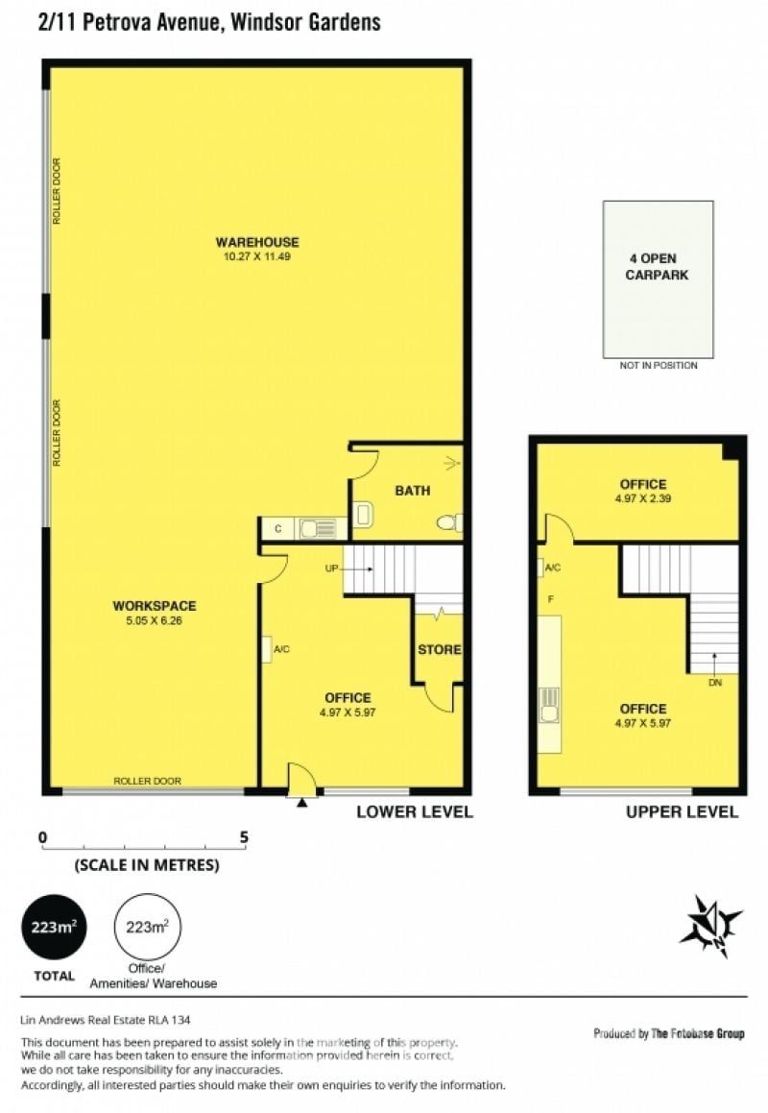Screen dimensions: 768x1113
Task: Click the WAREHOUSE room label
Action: click(x=257, y=242)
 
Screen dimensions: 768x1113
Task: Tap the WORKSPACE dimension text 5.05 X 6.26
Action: click(x=154, y=620)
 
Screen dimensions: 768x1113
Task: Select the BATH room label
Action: click(x=413, y=491)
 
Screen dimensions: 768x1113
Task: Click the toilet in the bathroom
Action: click(x=449, y=523)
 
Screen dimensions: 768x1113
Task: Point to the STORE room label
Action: click(x=440, y=649)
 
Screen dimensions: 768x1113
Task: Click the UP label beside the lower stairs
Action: click(x=331, y=569)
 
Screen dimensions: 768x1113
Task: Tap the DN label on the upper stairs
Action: click(x=715, y=682)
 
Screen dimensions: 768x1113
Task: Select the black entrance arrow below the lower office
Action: click(x=302, y=803)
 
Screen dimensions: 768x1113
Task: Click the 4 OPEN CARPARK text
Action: click(x=657, y=267)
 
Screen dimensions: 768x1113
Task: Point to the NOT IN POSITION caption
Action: click(x=659, y=366)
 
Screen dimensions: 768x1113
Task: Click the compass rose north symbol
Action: click(x=711, y=926)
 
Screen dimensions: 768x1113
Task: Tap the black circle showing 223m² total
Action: click(x=54, y=927)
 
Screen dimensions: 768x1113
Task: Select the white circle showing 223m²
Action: click(x=148, y=927)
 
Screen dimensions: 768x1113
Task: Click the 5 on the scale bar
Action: click(x=244, y=836)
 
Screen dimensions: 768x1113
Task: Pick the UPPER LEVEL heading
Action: click(x=683, y=812)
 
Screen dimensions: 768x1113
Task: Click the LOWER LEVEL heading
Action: click(x=415, y=812)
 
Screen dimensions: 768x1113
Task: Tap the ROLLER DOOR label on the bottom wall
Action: click(x=148, y=781)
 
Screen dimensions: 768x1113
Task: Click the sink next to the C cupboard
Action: click(x=317, y=529)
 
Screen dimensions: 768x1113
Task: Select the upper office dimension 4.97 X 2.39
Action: click(x=643, y=498)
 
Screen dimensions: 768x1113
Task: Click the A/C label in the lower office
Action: click(x=282, y=649)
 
